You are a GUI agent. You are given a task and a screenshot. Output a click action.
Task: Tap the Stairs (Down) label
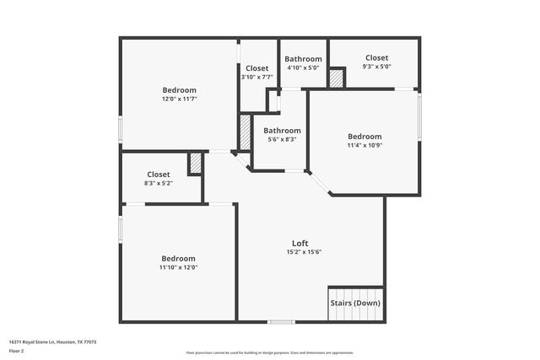[x=355, y=303]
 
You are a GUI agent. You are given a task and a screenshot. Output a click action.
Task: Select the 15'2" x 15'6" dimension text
[x=304, y=251]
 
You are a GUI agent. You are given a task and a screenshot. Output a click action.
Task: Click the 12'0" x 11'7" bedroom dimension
[x=179, y=99]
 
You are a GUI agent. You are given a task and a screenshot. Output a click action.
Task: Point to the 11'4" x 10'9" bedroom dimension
[x=364, y=145]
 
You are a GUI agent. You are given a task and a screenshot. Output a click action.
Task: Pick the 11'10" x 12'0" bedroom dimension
[x=179, y=267]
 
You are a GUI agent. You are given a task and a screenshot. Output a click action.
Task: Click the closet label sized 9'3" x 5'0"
[x=376, y=57]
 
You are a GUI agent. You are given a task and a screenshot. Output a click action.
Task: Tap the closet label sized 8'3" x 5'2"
[x=159, y=175]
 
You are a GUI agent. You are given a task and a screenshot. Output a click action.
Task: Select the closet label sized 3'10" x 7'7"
[x=257, y=68]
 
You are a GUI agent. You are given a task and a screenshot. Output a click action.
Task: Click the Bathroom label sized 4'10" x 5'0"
[x=303, y=59]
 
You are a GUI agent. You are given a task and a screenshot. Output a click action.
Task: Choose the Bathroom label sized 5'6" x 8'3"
[x=282, y=131]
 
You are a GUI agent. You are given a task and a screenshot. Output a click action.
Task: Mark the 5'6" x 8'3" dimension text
[x=282, y=139]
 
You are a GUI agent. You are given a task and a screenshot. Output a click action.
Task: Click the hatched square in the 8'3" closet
[x=195, y=164]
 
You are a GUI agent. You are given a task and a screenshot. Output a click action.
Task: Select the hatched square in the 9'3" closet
[x=337, y=78]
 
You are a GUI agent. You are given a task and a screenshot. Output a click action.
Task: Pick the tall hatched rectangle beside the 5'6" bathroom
[x=245, y=132]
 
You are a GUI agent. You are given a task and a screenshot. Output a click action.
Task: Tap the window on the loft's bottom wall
[x=281, y=321]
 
